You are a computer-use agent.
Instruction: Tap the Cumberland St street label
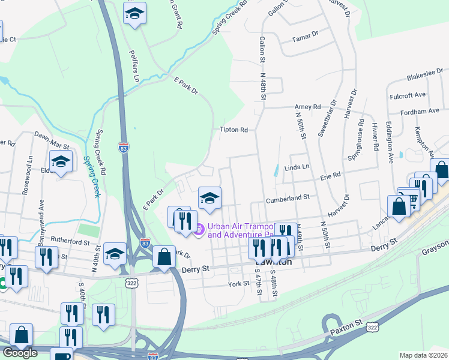tap(289, 197)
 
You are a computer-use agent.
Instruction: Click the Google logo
tap(20, 353)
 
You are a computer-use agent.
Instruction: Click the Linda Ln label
tap(296, 167)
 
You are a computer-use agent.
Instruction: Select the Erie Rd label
tap(330, 175)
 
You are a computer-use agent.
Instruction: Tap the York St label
tap(238, 283)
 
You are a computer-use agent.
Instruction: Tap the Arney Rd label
tap(308, 107)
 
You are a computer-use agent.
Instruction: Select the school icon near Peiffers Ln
tap(134, 13)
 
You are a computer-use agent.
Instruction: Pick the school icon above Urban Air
tap(209, 198)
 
